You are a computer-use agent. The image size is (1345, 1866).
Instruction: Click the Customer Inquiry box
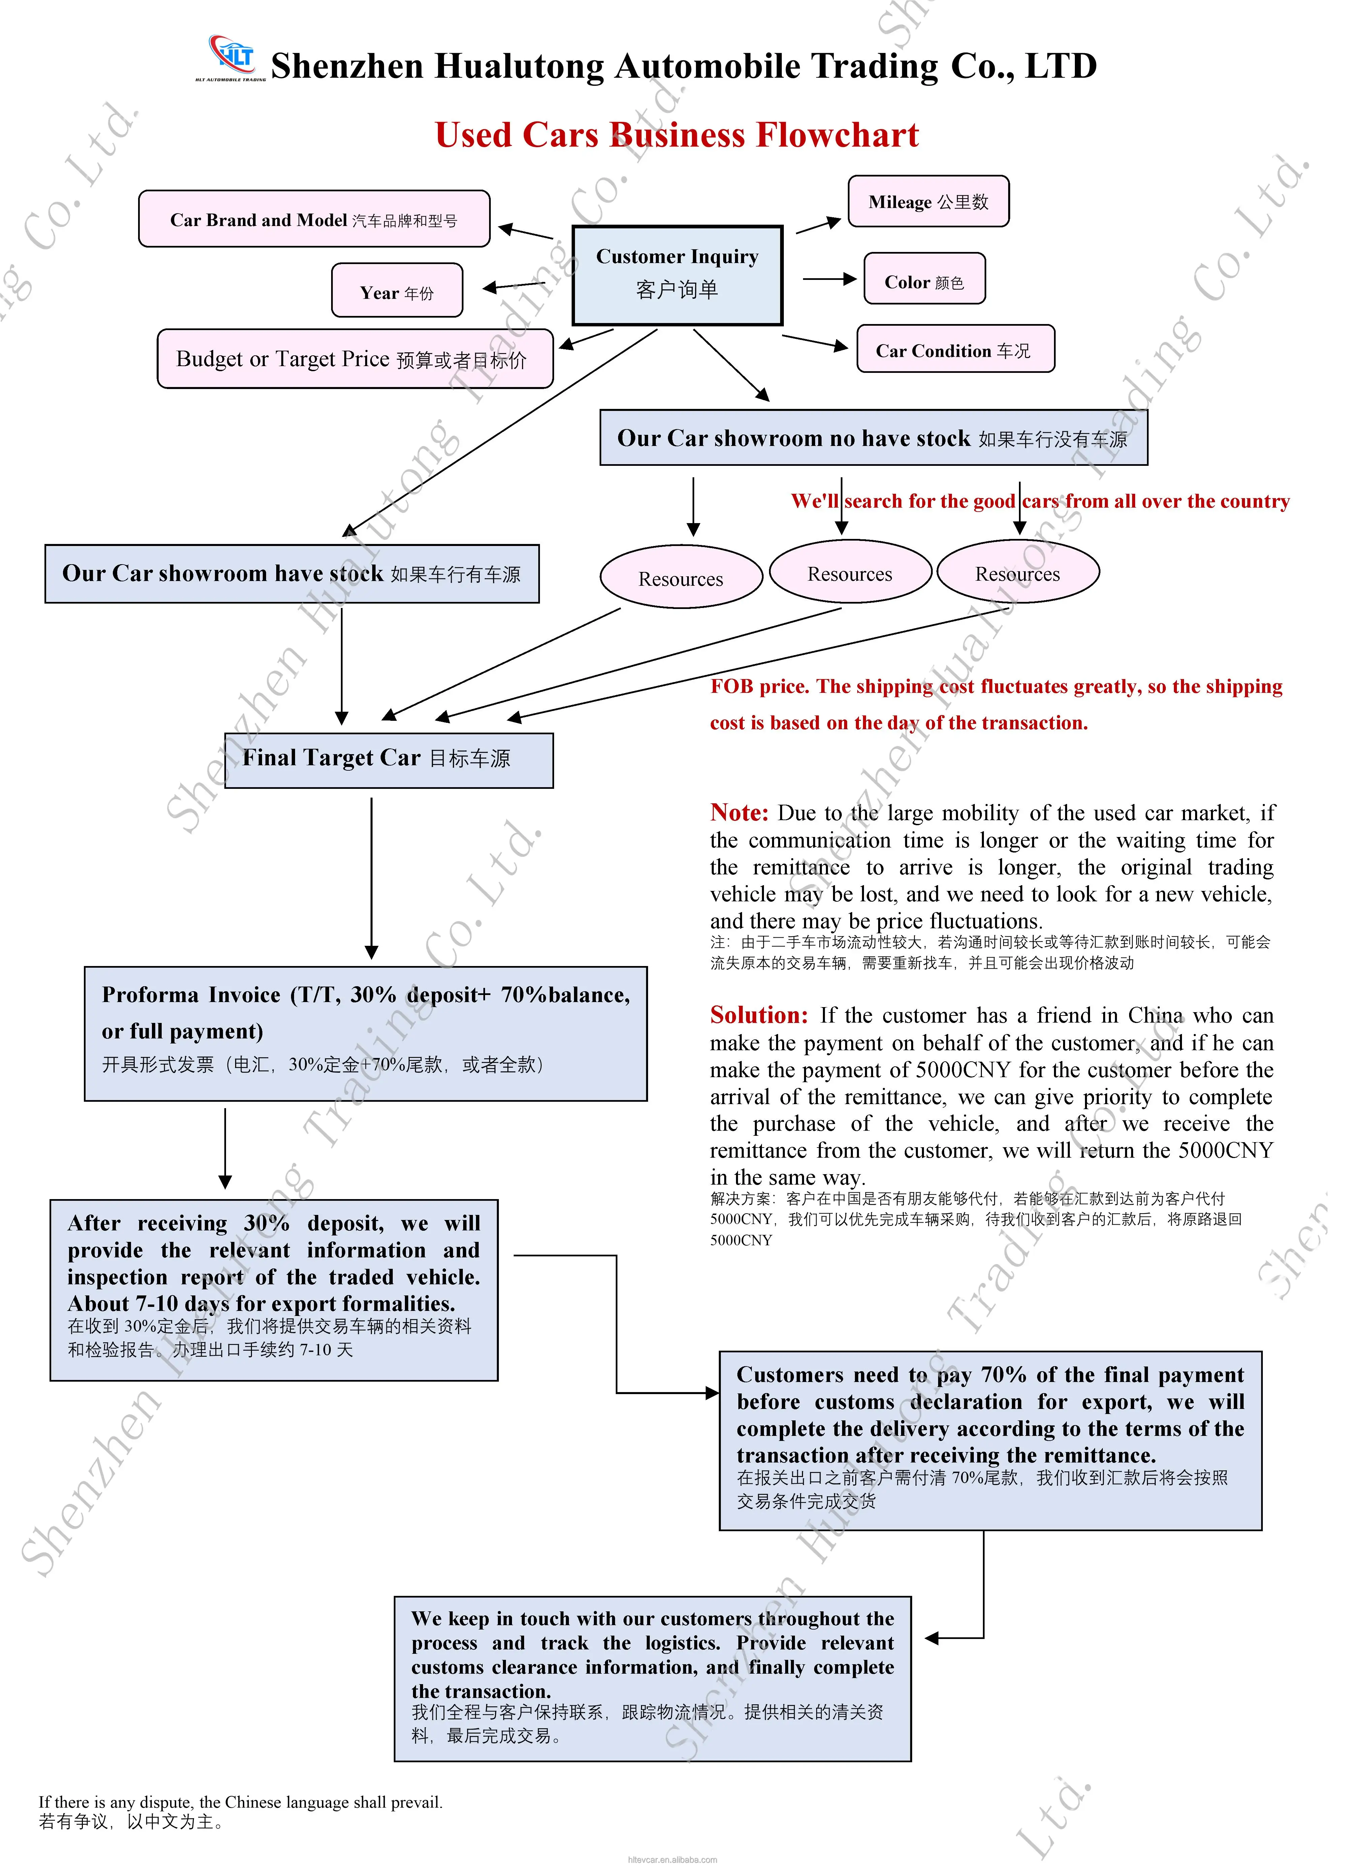[x=677, y=275]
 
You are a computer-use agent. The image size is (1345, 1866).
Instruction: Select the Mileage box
[x=928, y=201]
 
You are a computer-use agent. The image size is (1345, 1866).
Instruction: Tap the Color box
[x=924, y=278]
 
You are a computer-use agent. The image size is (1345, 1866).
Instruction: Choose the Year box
[x=396, y=290]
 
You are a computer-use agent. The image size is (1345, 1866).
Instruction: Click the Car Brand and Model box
[x=314, y=218]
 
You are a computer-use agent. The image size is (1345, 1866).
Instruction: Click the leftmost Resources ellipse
[x=681, y=577]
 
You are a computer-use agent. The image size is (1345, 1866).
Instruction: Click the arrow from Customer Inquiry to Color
[x=829, y=279]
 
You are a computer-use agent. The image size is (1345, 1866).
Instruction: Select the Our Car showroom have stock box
[x=292, y=574]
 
